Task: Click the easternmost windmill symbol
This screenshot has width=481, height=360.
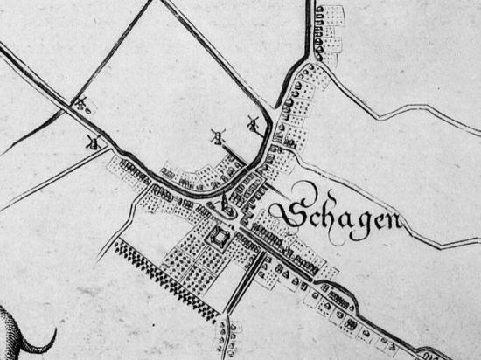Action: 254,124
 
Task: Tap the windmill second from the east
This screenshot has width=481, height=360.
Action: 218,136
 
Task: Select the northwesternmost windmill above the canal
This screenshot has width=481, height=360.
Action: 81,104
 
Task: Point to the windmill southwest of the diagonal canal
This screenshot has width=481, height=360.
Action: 91,142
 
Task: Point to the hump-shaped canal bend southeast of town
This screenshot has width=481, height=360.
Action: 350,301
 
